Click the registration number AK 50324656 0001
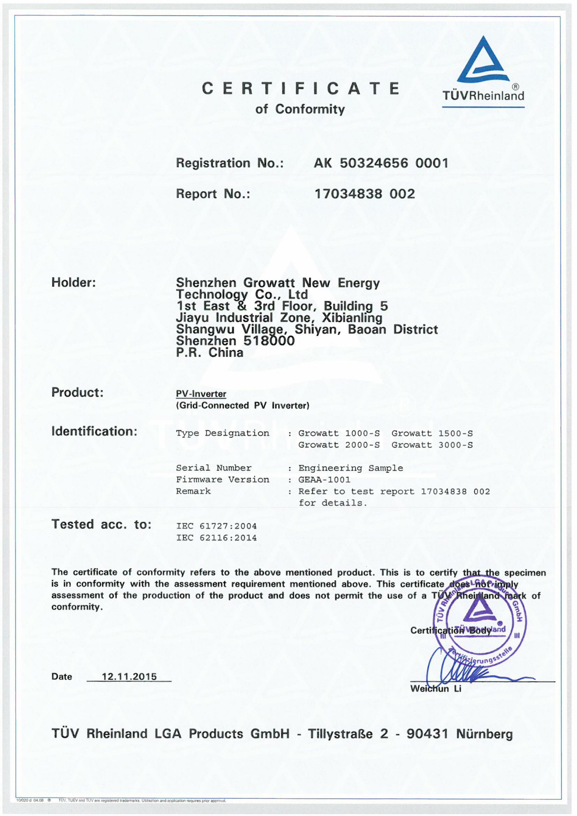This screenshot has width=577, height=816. tap(380, 163)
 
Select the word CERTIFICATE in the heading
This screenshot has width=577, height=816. tap(300, 89)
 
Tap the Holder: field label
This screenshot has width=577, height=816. tap(74, 282)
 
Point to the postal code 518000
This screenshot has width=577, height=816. tap(269, 341)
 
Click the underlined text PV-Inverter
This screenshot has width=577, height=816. tap(201, 394)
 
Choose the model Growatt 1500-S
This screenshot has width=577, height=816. tap(432, 433)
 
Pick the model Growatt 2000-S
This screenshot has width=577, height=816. tap(339, 445)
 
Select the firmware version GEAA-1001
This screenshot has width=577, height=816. tap(324, 480)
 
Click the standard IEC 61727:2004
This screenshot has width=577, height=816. tap(216, 526)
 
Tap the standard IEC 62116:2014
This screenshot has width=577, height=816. tap(216, 538)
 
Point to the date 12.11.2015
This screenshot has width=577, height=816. tap(129, 676)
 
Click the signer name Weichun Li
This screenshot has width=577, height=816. tap(436, 689)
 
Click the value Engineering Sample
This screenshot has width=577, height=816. tap(350, 468)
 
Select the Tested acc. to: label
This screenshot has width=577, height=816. tap(101, 525)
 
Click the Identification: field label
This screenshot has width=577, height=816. tap(94, 432)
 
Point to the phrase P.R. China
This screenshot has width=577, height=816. tap(210, 353)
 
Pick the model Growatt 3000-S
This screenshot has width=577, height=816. tap(432, 445)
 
